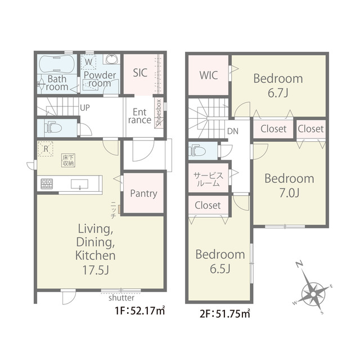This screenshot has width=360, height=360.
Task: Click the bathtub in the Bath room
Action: [57, 64]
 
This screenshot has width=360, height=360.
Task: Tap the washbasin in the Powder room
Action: [111, 59]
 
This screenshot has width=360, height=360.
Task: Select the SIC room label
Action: [140, 73]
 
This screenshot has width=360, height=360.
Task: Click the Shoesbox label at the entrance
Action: [159, 112]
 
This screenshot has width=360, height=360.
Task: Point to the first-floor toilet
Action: [53, 128]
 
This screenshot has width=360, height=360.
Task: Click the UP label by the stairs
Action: [85, 107]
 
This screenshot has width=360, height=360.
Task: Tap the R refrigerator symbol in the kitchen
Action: [46, 148]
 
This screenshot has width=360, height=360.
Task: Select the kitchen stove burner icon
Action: [47, 184]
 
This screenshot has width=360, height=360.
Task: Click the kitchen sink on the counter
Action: [79, 184]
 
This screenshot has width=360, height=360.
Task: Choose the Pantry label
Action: [143, 193]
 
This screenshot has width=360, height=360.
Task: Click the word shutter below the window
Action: [121, 298]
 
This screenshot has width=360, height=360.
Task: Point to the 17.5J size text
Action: [96, 270]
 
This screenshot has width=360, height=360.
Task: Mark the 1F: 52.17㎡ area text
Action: [140, 311]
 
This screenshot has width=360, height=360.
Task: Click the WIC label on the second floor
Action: [209, 75]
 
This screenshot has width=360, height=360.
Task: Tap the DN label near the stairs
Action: [233, 131]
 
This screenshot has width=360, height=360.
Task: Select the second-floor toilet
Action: [197, 151]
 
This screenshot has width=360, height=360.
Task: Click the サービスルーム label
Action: [208, 179]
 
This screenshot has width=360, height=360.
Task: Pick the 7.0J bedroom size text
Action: [289, 193]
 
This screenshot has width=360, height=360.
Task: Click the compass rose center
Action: [313, 294]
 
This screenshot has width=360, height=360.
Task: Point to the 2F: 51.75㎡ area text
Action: [225, 314]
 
